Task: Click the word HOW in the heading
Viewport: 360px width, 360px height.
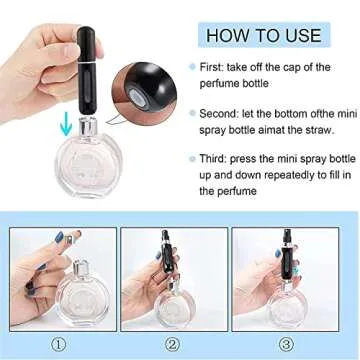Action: [227, 35]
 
